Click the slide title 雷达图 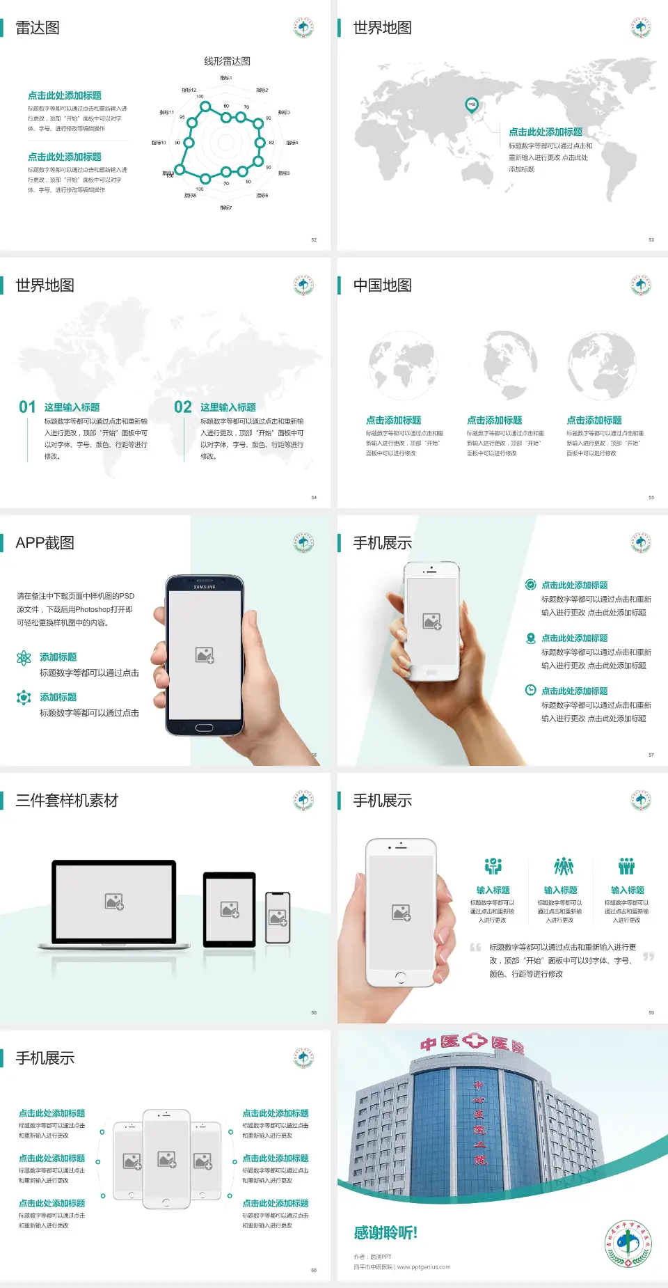(38, 28)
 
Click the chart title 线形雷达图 (227, 61)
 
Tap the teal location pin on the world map (471, 105)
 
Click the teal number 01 (27, 407)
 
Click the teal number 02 (183, 407)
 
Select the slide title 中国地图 (382, 285)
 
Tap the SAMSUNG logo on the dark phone (205, 587)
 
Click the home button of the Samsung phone (204, 728)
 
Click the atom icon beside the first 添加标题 (24, 658)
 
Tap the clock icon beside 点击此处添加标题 (530, 690)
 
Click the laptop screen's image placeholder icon (114, 902)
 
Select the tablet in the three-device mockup (230, 909)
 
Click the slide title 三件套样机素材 (67, 801)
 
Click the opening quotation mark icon (475, 948)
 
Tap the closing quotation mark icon (649, 957)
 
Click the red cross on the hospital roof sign (475, 1041)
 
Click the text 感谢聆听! (385, 1233)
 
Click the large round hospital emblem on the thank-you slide (628, 1243)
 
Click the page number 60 (314, 1271)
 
